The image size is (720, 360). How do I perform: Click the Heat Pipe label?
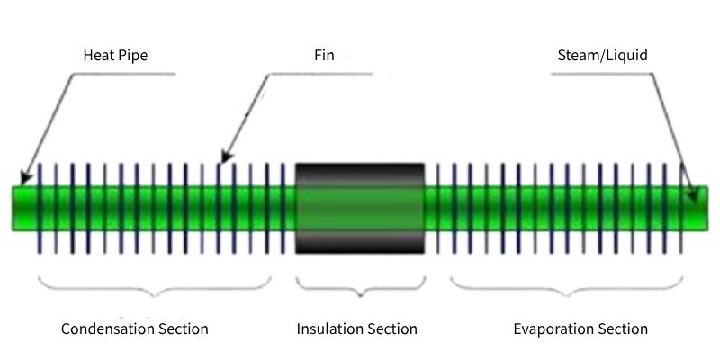click(x=114, y=56)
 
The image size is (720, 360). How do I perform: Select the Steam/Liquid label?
click(x=602, y=56)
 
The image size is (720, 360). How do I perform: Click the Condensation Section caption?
click(x=134, y=328)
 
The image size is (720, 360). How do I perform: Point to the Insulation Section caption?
click(x=357, y=328)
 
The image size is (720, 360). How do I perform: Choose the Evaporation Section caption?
click(x=580, y=328)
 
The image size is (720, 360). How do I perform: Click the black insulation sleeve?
click(x=360, y=208)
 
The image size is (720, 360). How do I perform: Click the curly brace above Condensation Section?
click(x=155, y=287)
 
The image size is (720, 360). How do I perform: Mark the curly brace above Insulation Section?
click(x=360, y=287)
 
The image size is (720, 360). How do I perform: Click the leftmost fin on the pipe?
click(x=40, y=208)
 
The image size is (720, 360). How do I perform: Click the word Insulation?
click(x=329, y=328)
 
